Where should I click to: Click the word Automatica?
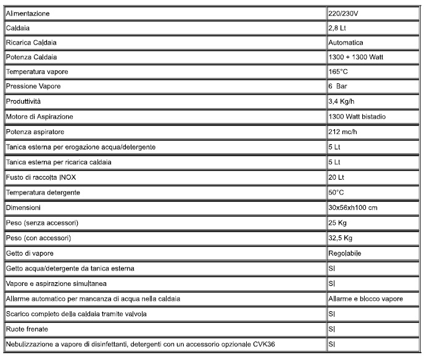(346, 43)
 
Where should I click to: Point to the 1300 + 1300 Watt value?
(357, 57)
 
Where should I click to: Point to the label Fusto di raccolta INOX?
(41, 177)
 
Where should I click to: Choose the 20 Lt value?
(337, 177)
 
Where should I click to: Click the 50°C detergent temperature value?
(337, 193)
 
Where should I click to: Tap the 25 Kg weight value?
(338, 222)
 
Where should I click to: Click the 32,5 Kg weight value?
(341, 238)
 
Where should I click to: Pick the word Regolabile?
(346, 253)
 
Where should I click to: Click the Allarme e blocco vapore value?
(366, 299)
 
